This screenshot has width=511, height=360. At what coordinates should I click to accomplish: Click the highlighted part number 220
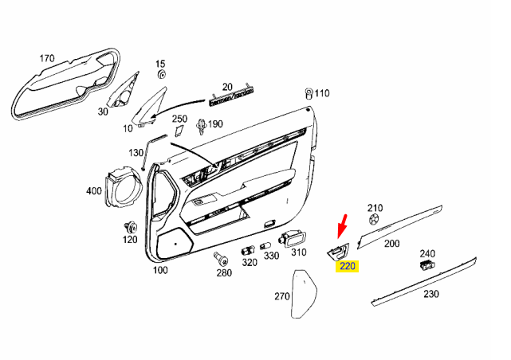point(348,267)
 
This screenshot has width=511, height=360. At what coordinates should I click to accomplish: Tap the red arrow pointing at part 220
point(343,226)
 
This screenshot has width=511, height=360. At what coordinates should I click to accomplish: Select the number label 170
point(47,58)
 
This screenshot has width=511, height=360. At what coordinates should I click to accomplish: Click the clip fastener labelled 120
point(129,226)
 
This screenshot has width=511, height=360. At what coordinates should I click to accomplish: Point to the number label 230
point(430,294)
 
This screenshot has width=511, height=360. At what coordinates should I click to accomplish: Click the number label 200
point(391,244)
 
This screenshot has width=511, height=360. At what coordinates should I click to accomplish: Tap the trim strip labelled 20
point(231,100)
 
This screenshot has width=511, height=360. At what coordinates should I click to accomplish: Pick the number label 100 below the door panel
point(160,271)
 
